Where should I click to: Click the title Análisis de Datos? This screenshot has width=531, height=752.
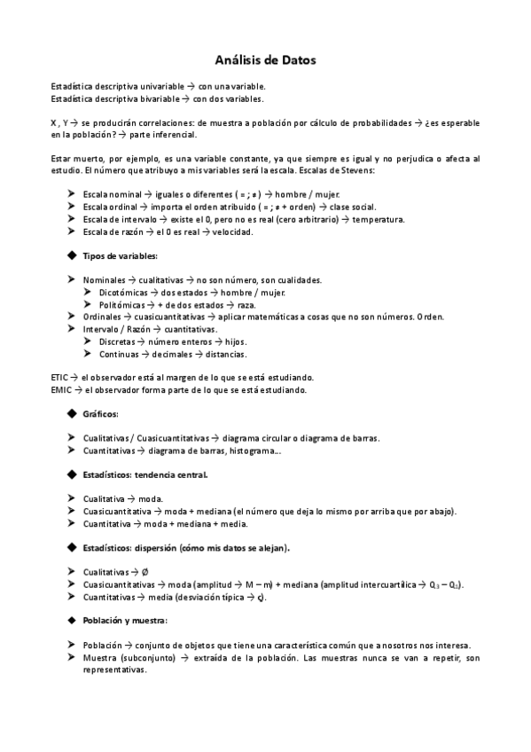pos(265,60)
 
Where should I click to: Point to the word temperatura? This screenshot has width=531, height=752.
pos(354,219)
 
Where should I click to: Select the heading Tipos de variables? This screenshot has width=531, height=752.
pos(120,255)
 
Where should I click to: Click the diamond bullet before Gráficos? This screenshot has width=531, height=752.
pos(71,414)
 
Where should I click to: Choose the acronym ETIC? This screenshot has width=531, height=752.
pos(61,377)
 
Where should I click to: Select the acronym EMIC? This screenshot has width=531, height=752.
pos(62,389)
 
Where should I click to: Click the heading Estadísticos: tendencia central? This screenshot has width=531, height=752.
pos(145,474)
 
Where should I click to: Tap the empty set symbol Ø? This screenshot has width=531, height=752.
pos(145,573)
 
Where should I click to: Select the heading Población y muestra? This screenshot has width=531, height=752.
pos(125,621)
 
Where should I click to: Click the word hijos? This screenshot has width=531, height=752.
pos(234,341)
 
